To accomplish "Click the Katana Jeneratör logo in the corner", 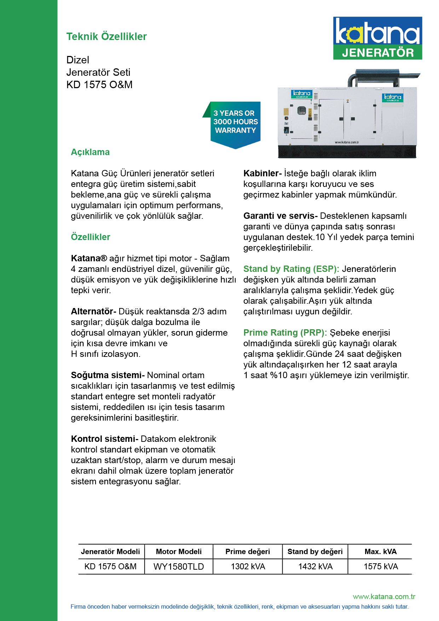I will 377,38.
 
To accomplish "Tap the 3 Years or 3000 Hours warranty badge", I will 235,123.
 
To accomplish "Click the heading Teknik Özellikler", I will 106,36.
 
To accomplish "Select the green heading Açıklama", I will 90,152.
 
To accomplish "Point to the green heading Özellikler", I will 91,237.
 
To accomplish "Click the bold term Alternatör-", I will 93,312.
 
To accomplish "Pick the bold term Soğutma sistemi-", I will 108,375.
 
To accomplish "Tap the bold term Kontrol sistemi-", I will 104,439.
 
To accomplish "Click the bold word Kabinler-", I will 262,173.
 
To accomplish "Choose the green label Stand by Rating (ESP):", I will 291,269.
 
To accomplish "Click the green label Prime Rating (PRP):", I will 285,333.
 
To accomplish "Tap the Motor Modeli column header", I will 179,552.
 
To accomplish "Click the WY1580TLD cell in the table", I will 179,566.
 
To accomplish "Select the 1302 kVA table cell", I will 248,566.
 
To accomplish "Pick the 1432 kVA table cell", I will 315,566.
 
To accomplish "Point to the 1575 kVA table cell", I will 381,566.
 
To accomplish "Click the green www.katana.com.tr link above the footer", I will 384,597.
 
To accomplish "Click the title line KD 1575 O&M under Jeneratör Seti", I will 99,85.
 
